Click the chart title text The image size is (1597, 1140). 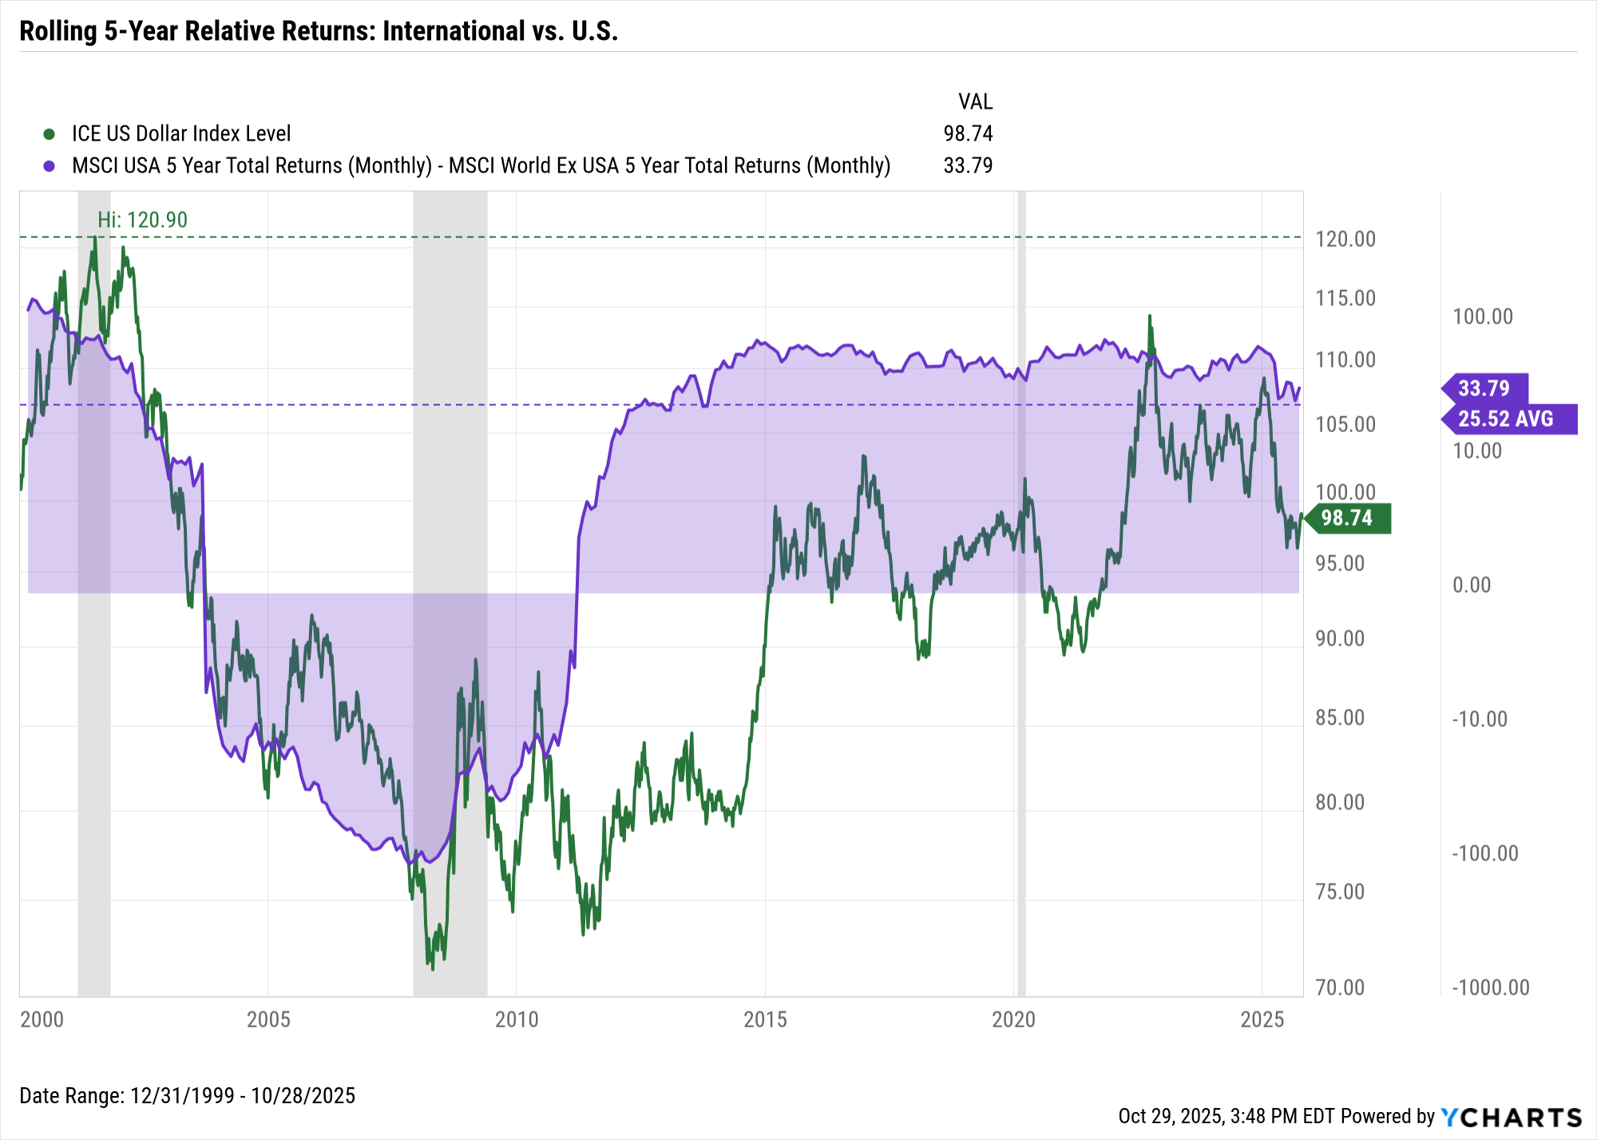pos(319,31)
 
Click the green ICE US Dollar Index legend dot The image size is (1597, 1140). pos(50,134)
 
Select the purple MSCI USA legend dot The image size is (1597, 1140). pos(50,166)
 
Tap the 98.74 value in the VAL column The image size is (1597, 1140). pos(968,133)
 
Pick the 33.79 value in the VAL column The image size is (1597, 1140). pos(968,165)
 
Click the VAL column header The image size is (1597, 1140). pos(975,101)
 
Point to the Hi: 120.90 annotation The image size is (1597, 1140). pos(142,220)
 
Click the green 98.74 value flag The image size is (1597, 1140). pos(1348,518)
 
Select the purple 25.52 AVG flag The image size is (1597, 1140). pos(1507,419)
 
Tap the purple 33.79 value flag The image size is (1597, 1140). pos(1485,388)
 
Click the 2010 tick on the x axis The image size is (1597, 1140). pos(517,1019)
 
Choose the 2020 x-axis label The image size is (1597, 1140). pos(1013,1019)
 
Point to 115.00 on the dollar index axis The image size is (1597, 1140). pos(1345,298)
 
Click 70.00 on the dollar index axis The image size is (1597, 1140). pos(1340,987)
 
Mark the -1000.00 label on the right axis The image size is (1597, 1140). pos(1490,987)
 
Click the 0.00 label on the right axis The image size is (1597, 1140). pos(1472,585)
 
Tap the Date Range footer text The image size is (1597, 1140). pos(187,1095)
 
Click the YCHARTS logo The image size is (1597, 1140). pos(1511,1117)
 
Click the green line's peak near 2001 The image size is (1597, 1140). pos(95,237)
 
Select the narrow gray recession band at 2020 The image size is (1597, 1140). pos(1020,591)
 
